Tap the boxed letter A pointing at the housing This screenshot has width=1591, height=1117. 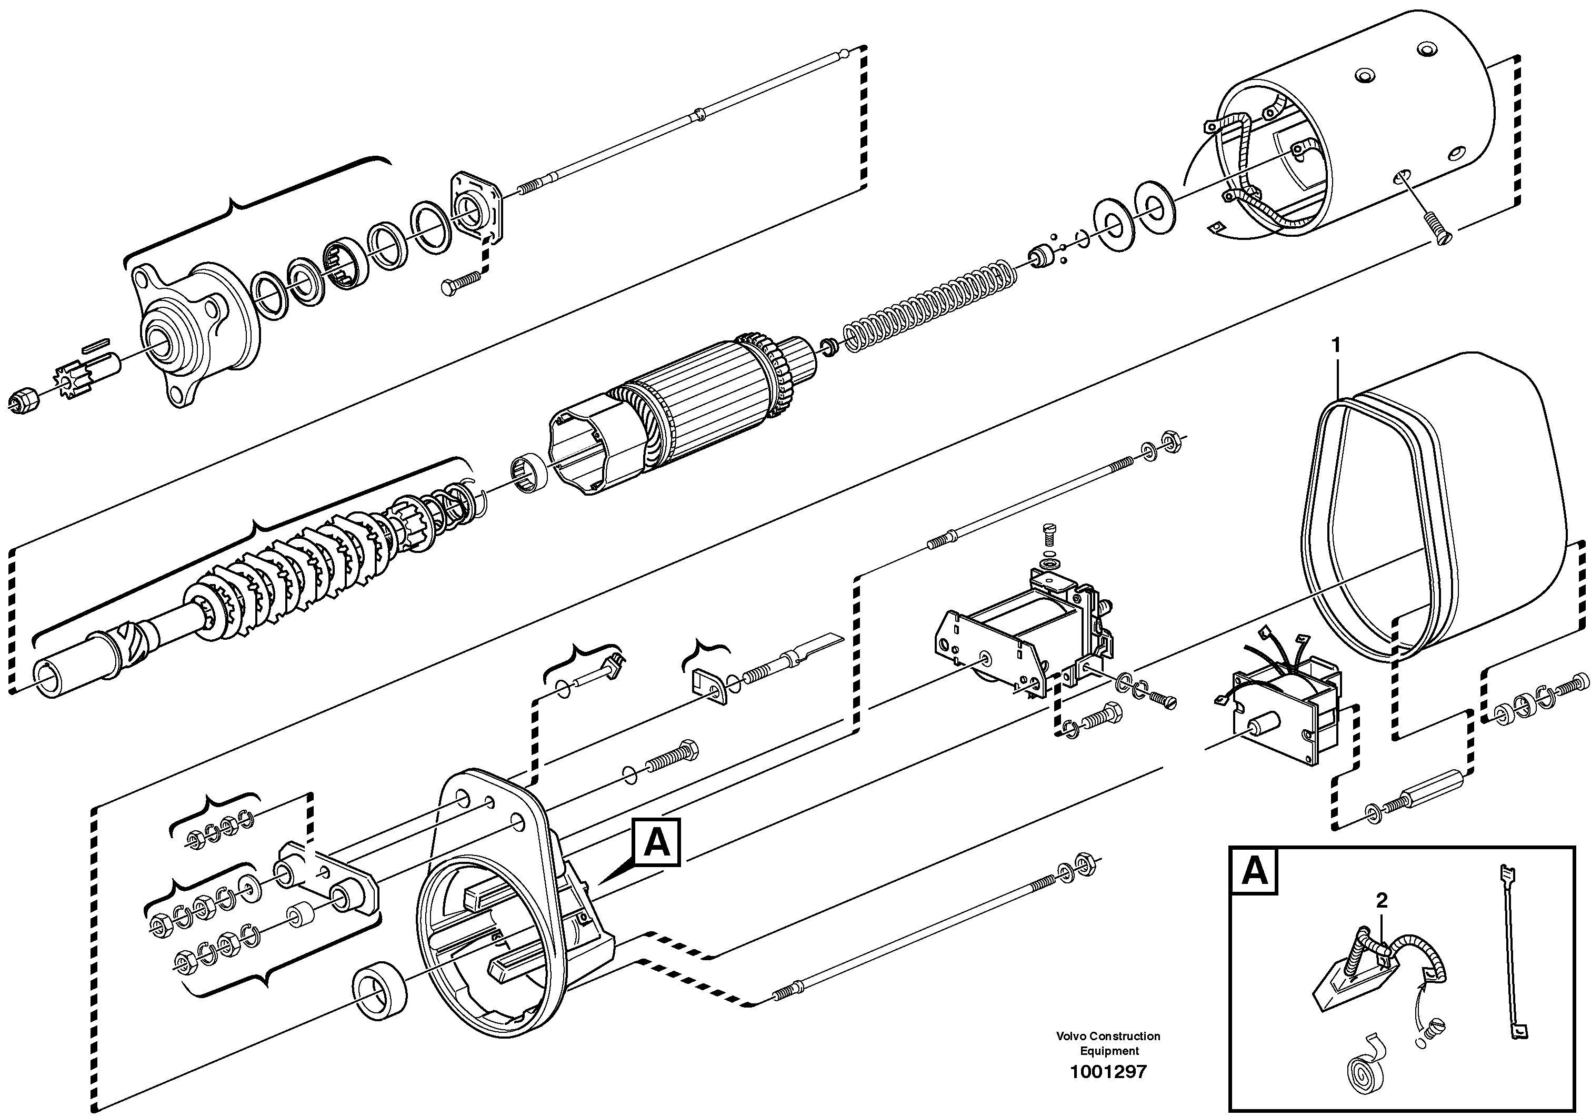point(657,842)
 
